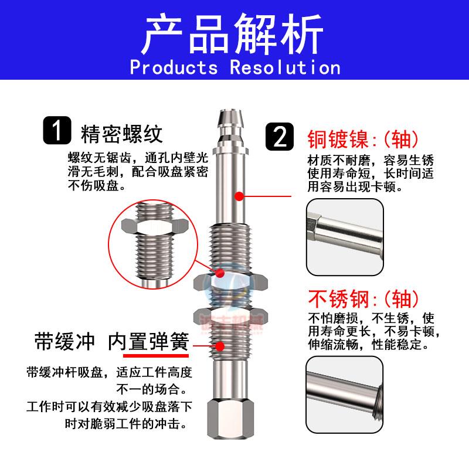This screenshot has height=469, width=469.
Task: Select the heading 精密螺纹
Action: point(121,134)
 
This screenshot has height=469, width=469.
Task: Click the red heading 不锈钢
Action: point(338,299)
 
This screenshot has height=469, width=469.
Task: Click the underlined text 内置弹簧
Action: point(155,342)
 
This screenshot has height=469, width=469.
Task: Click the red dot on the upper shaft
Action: point(239,196)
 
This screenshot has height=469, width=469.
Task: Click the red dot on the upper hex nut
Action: point(219,273)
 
